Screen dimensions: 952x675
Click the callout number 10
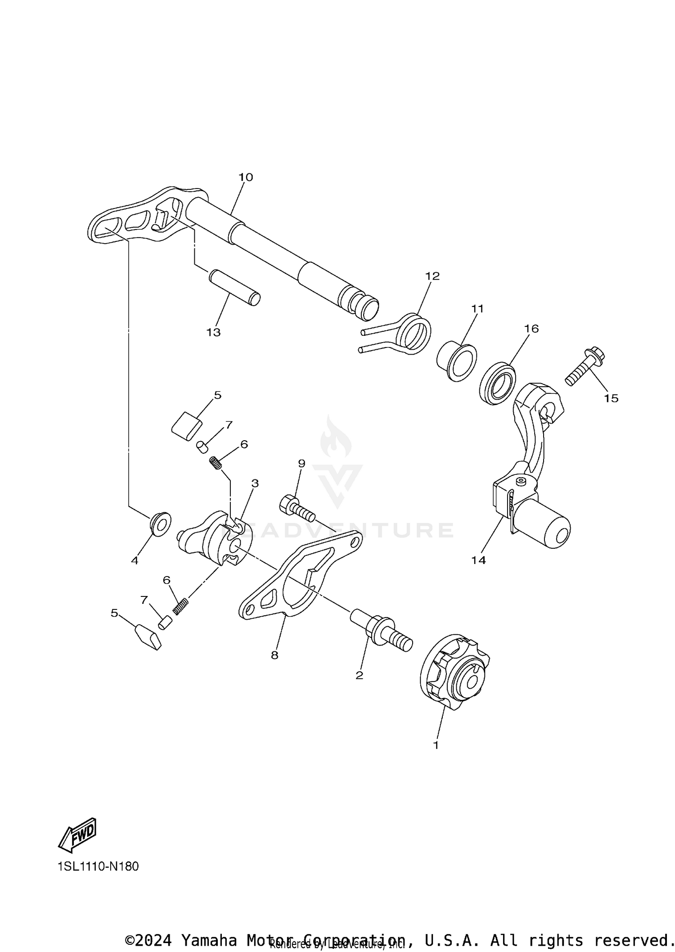click(x=246, y=177)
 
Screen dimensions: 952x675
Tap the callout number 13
click(x=214, y=332)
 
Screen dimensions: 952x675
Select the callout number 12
click(x=432, y=276)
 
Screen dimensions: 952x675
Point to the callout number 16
click(x=531, y=329)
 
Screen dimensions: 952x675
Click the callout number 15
click(x=611, y=398)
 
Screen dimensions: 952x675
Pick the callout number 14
click(x=479, y=560)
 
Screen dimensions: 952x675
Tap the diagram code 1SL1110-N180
click(x=98, y=866)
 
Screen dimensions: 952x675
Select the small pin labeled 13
click(x=234, y=288)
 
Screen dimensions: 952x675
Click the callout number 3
click(x=255, y=483)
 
